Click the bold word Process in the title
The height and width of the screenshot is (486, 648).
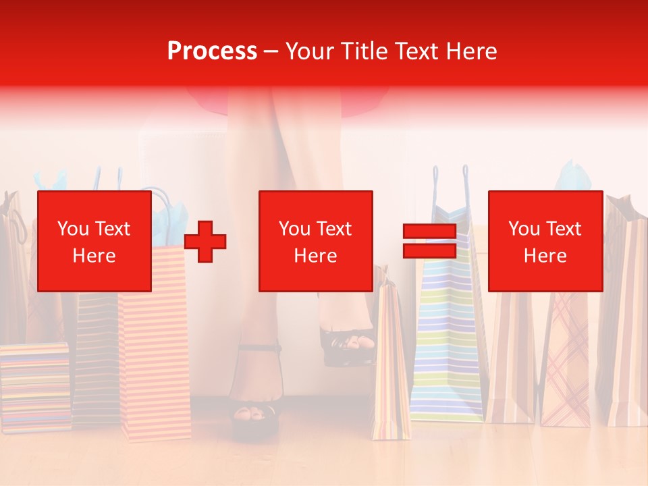[212, 51]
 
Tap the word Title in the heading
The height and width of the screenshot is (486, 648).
[364, 51]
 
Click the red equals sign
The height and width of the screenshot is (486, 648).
[429, 242]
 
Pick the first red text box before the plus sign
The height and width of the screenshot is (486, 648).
[94, 242]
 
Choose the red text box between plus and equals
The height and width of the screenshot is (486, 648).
[315, 242]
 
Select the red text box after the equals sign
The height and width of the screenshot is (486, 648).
[545, 242]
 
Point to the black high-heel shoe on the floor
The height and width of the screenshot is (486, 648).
[254, 415]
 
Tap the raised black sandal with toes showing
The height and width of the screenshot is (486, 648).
[348, 344]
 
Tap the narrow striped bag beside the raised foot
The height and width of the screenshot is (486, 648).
[390, 364]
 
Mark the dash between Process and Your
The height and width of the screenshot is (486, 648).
[271, 51]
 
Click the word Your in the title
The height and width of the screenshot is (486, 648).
[311, 51]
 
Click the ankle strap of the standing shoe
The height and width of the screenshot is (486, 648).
[259, 348]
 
